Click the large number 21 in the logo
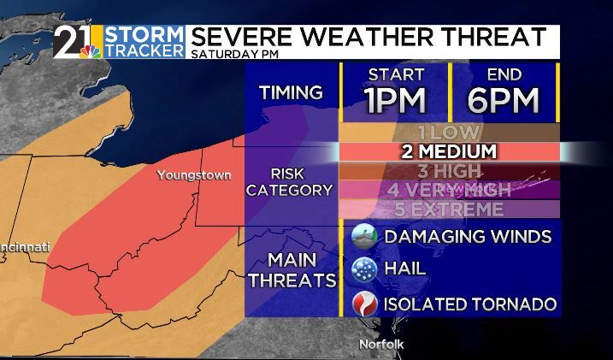click(x=73, y=39)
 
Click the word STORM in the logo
click(x=144, y=34)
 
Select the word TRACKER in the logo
click(x=144, y=50)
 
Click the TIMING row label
click(x=292, y=92)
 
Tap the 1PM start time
click(x=395, y=99)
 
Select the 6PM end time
click(x=504, y=99)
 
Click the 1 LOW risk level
click(x=449, y=133)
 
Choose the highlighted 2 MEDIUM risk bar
click(x=449, y=151)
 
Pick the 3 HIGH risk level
click(x=449, y=171)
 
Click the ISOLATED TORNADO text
click(x=470, y=304)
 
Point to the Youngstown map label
click(x=193, y=175)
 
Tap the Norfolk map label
click(x=380, y=345)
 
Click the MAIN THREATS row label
click(x=292, y=269)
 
